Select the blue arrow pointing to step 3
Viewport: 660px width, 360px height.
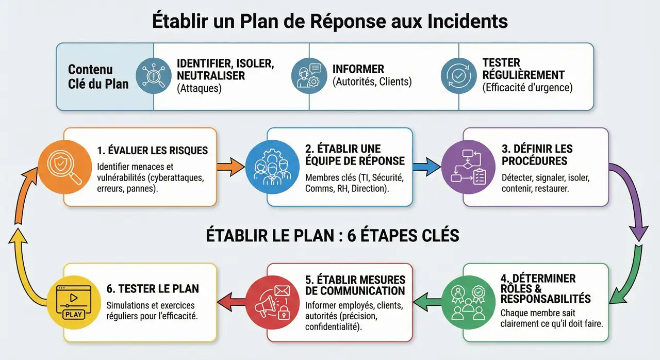(x=427, y=167)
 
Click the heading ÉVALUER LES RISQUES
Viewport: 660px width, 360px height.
(x=152, y=151)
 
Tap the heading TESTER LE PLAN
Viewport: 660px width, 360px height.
(x=152, y=288)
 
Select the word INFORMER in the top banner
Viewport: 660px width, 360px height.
(x=358, y=69)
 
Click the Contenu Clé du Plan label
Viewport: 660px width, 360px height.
(x=98, y=76)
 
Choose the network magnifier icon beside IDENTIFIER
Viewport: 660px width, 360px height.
(x=153, y=76)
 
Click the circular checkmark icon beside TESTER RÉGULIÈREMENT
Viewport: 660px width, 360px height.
(x=458, y=75)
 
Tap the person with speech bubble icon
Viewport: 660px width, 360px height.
(x=309, y=76)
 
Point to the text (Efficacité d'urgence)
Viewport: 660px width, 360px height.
(x=527, y=88)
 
